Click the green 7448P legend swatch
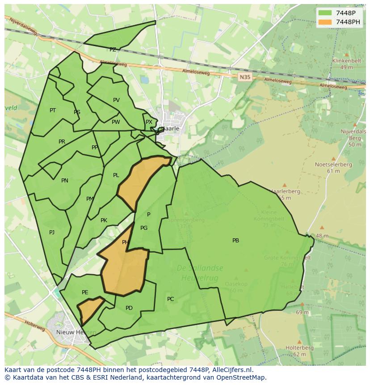tap(325, 13)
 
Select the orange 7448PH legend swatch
tap(325, 22)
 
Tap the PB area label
tap(235, 241)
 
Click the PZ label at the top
tap(113, 50)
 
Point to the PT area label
tap(53, 110)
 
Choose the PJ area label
tap(52, 232)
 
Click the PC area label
tap(170, 299)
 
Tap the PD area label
tap(129, 308)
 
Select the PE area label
tap(85, 292)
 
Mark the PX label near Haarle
tap(149, 122)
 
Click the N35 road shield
tap(244, 77)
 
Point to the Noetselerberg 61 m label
tap(333, 165)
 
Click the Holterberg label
tap(299, 347)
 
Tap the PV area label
tap(116, 100)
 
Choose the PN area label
tap(65, 181)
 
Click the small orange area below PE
tap(89, 309)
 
